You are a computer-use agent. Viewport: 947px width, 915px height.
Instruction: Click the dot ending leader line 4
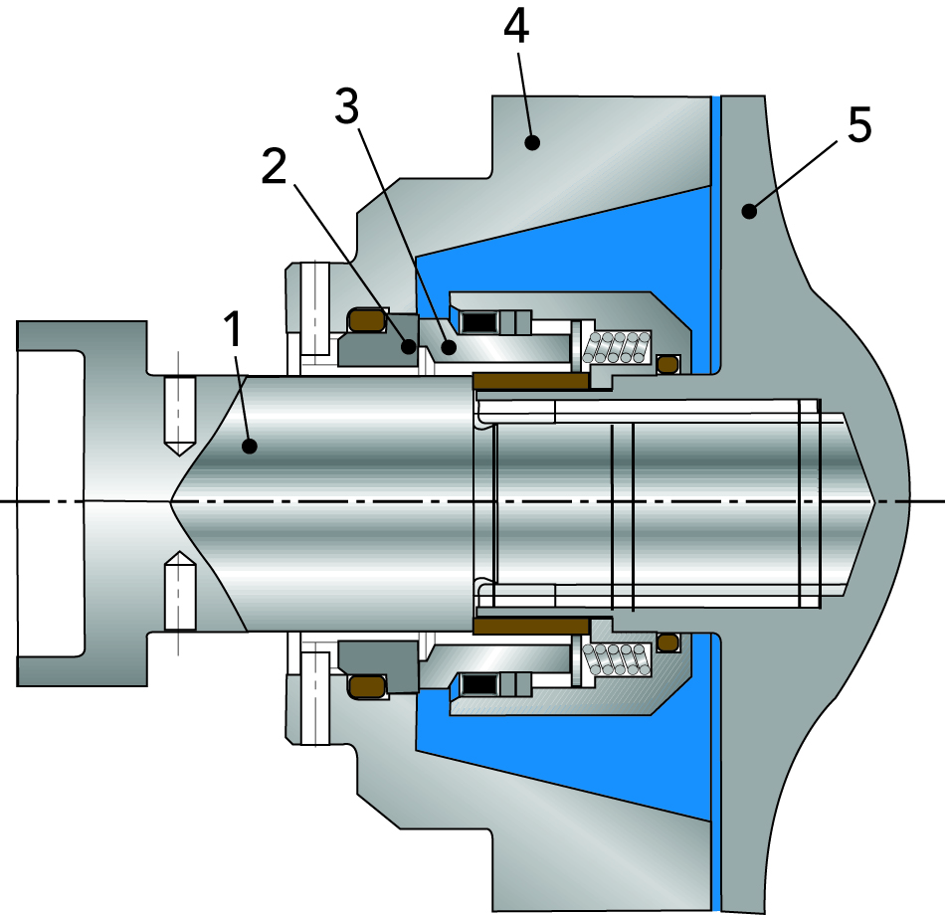tap(533, 142)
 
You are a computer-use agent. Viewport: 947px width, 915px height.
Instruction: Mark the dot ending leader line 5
tap(749, 210)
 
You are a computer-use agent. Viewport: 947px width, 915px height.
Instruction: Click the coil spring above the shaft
tap(617, 346)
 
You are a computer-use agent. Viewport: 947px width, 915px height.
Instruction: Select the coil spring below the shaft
tap(617, 656)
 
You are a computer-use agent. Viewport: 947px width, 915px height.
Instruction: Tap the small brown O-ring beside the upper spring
tap(668, 364)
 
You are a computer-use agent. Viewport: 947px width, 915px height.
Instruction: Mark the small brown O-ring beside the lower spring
tap(668, 641)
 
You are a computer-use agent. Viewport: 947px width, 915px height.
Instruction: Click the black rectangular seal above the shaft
tap(479, 322)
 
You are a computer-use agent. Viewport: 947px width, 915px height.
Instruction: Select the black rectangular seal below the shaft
tap(479, 683)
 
